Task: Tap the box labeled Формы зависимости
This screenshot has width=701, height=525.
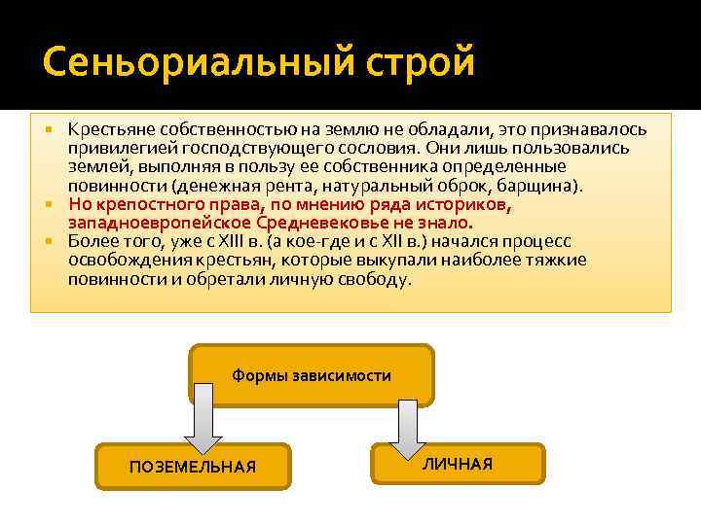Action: [x=312, y=375]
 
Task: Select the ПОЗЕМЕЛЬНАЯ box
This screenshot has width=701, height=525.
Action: [x=193, y=468]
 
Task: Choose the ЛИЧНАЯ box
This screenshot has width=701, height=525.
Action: [x=458, y=464]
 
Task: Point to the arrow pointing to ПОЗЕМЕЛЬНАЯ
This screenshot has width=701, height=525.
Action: [x=203, y=418]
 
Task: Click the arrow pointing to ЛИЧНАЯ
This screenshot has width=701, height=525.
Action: [x=407, y=415]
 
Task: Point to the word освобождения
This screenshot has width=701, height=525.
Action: [x=125, y=260]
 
